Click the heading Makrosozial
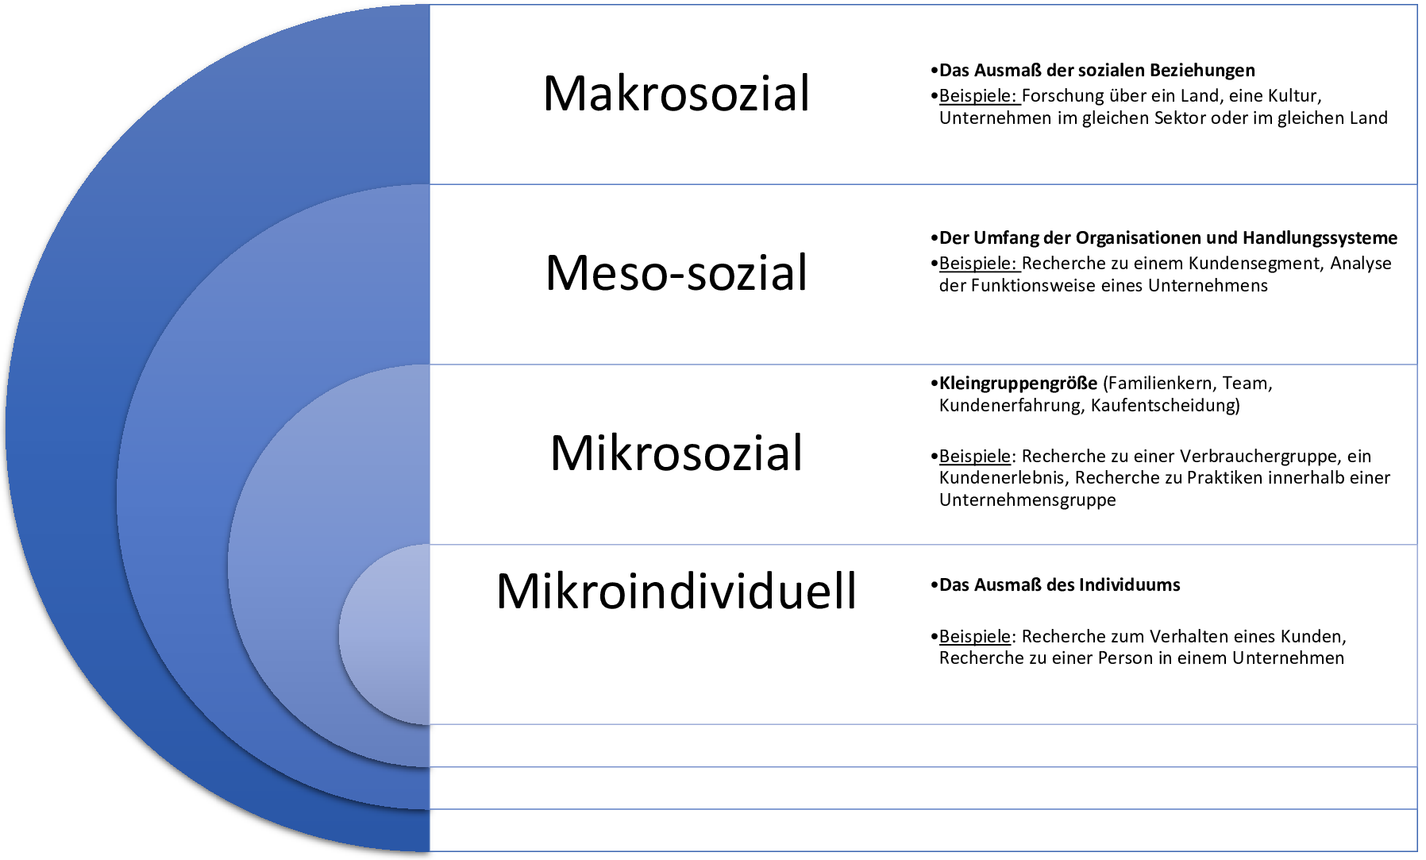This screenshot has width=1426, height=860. pos(676,93)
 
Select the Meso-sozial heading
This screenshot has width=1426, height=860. pos(676,272)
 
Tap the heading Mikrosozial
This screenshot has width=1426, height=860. pos(676,453)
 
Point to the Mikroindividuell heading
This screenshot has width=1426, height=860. pos(676,591)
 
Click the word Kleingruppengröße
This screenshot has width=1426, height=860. pos(1019,384)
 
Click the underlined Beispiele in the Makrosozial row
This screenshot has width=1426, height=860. pos(978,96)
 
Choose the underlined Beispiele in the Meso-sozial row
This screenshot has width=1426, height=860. pos(978,264)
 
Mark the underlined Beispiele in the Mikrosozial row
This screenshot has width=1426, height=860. pos(975,457)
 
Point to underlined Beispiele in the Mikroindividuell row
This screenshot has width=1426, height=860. pos(975,637)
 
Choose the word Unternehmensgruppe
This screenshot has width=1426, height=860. pos(1027,500)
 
